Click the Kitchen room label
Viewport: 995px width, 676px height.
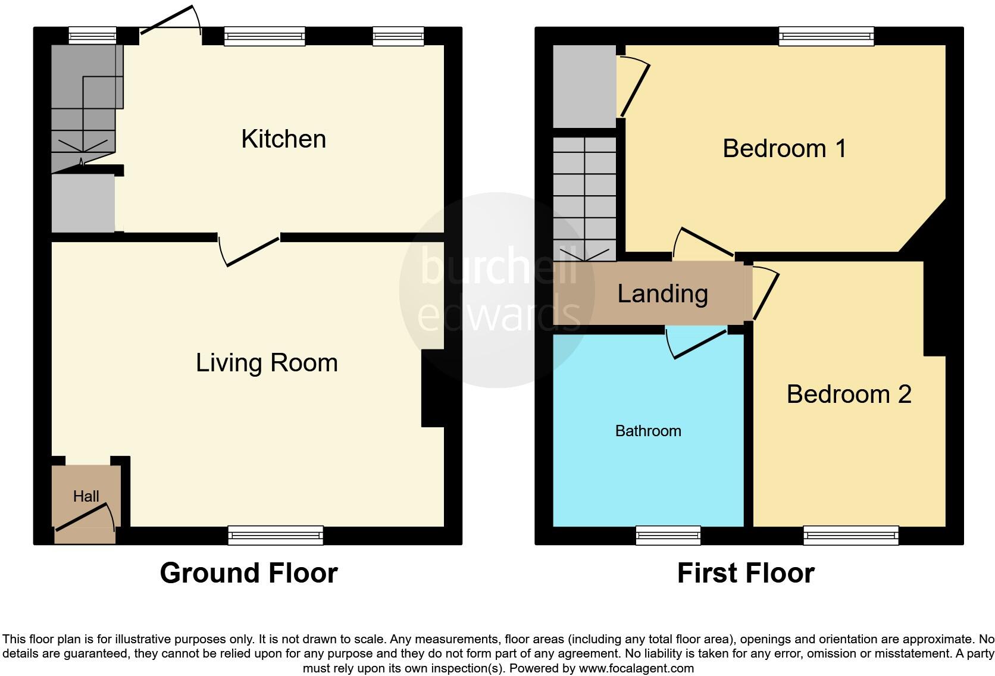283,139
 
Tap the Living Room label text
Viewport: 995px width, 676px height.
267,363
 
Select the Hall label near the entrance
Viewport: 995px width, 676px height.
86,496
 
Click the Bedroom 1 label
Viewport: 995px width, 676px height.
784,148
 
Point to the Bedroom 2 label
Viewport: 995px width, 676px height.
849,395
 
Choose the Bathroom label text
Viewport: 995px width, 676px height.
648,431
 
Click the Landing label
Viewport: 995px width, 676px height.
662,294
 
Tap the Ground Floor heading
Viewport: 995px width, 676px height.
249,573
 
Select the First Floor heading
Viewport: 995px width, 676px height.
745,573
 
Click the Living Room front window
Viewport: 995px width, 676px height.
276,535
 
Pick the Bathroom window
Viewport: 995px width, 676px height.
668,535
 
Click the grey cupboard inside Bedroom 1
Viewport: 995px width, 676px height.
584,86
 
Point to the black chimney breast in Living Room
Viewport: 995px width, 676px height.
433,388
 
